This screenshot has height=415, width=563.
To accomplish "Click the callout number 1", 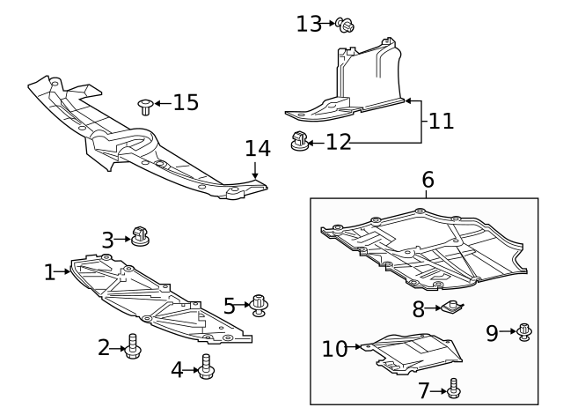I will [50, 272].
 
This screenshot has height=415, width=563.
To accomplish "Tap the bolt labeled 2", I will [133, 347].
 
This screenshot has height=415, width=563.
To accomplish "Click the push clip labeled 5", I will [260, 304].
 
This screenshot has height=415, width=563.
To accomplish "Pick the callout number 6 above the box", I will [428, 179].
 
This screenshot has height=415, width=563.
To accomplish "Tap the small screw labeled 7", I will [454, 388].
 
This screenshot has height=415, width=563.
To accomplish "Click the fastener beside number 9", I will [524, 331].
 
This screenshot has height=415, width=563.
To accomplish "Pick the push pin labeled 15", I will [144, 107].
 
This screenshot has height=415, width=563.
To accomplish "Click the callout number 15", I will [186, 103].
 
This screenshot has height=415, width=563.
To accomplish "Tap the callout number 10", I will [335, 348].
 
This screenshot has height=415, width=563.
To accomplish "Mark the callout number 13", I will [309, 23].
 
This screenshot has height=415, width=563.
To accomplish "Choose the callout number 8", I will [418, 308].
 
